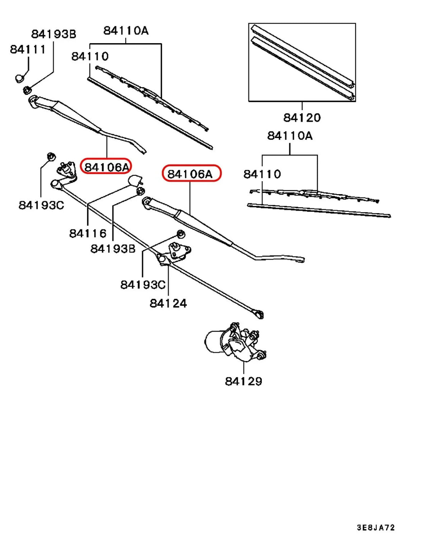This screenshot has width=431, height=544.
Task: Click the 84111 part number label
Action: click(x=28, y=49)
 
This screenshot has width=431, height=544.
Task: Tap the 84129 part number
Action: click(x=244, y=381)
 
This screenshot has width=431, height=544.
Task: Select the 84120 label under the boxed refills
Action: click(x=302, y=118)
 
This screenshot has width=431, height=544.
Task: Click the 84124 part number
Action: click(x=168, y=303)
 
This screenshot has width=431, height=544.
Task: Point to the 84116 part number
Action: click(x=88, y=234)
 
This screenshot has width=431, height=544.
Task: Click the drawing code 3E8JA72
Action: click(x=376, y=528)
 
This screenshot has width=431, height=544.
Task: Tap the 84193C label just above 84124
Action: click(x=143, y=285)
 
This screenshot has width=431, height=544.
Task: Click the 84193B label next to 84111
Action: click(x=54, y=34)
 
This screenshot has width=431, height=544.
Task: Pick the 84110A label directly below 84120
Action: click(x=289, y=136)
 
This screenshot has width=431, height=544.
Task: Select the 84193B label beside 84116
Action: click(x=113, y=248)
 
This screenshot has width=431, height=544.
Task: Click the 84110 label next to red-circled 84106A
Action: click(x=262, y=174)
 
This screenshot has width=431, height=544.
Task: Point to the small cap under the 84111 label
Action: click(x=20, y=78)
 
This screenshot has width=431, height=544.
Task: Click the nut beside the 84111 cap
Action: click(x=27, y=90)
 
